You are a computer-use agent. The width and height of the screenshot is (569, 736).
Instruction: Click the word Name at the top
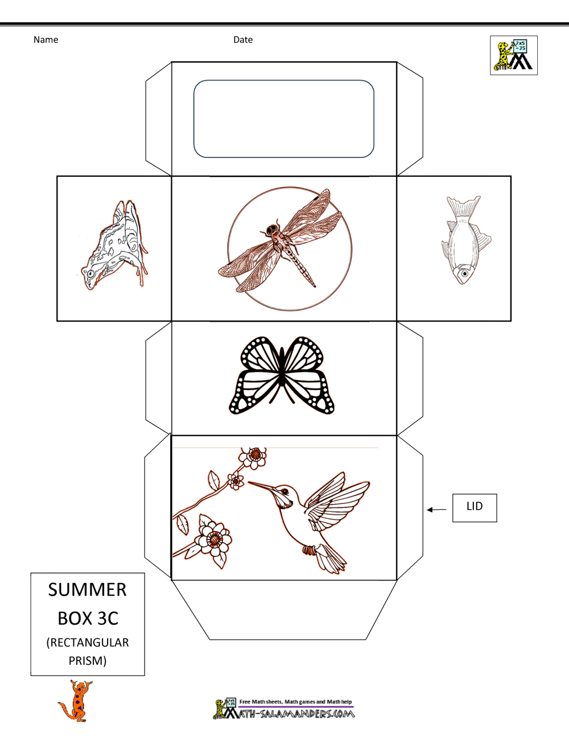(x=46, y=40)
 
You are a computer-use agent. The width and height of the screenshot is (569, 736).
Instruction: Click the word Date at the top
(x=243, y=40)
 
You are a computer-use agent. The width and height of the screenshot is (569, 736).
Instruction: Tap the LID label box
(x=475, y=508)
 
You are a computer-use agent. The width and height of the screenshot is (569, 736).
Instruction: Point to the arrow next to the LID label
(x=436, y=510)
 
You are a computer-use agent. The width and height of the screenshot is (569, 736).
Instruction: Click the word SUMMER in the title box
(x=88, y=590)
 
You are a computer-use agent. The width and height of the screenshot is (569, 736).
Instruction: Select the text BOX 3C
(x=88, y=618)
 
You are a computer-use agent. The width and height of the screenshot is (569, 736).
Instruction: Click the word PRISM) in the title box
(x=88, y=660)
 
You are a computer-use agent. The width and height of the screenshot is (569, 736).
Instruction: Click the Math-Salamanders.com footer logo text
(x=290, y=714)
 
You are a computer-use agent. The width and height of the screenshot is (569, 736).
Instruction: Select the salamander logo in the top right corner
(x=513, y=55)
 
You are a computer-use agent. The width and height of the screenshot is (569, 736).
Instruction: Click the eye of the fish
(x=465, y=274)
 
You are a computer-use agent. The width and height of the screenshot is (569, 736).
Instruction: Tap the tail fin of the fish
(x=463, y=206)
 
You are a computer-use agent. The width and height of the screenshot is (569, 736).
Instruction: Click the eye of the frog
(x=90, y=274)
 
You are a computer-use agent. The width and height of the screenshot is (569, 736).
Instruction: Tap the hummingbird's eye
(x=285, y=491)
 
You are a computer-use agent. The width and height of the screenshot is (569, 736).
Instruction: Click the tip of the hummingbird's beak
(x=249, y=482)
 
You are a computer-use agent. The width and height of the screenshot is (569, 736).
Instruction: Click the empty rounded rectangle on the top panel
(x=284, y=119)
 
